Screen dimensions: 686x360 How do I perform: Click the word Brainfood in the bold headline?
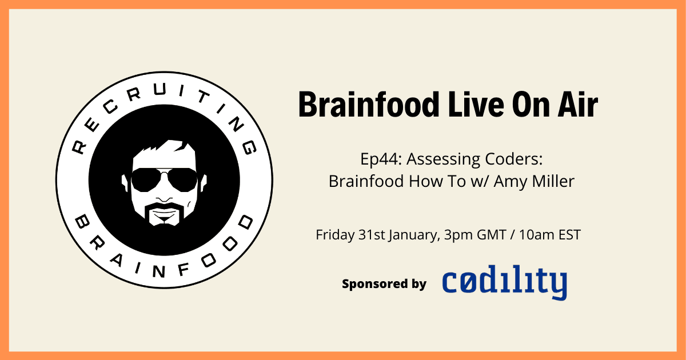(369, 105)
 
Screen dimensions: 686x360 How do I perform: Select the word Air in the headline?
(577, 105)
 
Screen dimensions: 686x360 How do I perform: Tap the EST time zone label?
(569, 235)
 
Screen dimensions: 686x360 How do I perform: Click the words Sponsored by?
(384, 284)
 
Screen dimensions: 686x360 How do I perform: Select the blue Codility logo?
(504, 282)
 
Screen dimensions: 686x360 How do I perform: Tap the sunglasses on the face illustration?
(164, 179)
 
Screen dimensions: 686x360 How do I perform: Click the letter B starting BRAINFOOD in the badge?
(82, 221)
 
